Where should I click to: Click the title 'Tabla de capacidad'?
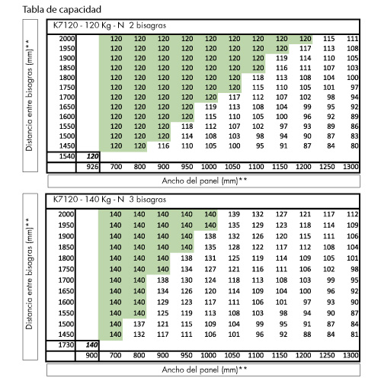(62, 10)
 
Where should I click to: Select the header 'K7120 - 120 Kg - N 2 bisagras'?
(110, 26)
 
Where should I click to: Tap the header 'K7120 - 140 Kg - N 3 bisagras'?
(110, 200)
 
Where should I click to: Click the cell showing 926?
(92, 167)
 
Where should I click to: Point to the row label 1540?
(67, 156)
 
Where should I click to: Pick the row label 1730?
(66, 344)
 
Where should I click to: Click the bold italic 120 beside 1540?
(92, 156)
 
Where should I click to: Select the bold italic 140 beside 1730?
(91, 344)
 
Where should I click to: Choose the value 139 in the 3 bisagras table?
(234, 214)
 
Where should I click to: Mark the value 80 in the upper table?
(354, 146)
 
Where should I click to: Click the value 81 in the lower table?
(354, 335)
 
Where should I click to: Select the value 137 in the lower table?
(139, 324)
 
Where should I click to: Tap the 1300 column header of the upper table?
(351, 167)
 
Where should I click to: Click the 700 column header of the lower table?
(115, 355)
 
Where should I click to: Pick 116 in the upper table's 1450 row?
(163, 146)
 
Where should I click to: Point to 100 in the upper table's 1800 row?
(353, 78)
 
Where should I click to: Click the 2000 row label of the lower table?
(66, 214)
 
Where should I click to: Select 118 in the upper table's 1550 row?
(187, 126)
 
